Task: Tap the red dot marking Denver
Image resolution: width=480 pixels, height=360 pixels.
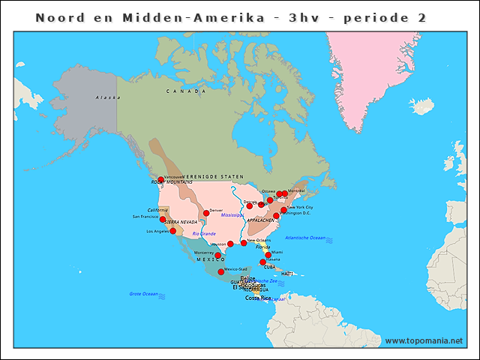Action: pyautogui.click(x=206, y=213)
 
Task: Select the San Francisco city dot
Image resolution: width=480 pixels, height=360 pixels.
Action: pyautogui.click(x=163, y=220)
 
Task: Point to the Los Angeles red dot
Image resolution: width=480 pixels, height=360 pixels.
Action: pyautogui.click(x=173, y=231)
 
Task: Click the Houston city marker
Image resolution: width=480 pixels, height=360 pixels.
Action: pyautogui.click(x=230, y=244)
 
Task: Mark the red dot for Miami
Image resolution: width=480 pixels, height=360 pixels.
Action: pyautogui.click(x=268, y=255)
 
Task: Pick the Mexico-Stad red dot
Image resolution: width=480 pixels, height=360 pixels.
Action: pyautogui.click(x=220, y=272)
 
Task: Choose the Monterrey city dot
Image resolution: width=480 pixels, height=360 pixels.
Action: pyautogui.click(x=218, y=255)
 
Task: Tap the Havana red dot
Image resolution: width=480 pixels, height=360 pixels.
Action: pyautogui.click(x=262, y=262)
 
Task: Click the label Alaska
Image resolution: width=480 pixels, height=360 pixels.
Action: pyautogui.click(x=108, y=97)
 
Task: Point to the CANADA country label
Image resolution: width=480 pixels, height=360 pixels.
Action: pyautogui.click(x=186, y=91)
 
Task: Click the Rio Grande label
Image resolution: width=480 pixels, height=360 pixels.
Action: pyautogui.click(x=204, y=233)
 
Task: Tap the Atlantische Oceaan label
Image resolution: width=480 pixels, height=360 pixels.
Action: pyautogui.click(x=305, y=238)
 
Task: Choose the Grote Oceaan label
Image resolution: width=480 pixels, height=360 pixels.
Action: pyautogui.click(x=145, y=293)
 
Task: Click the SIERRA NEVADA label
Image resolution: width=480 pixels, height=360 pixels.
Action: pyautogui.click(x=181, y=222)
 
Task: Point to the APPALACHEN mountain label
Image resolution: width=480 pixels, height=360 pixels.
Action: pyautogui.click(x=262, y=220)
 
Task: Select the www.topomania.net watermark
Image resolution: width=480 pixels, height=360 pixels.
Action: pyautogui.click(x=423, y=340)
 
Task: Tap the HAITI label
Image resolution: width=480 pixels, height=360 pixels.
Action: pyautogui.click(x=287, y=274)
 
